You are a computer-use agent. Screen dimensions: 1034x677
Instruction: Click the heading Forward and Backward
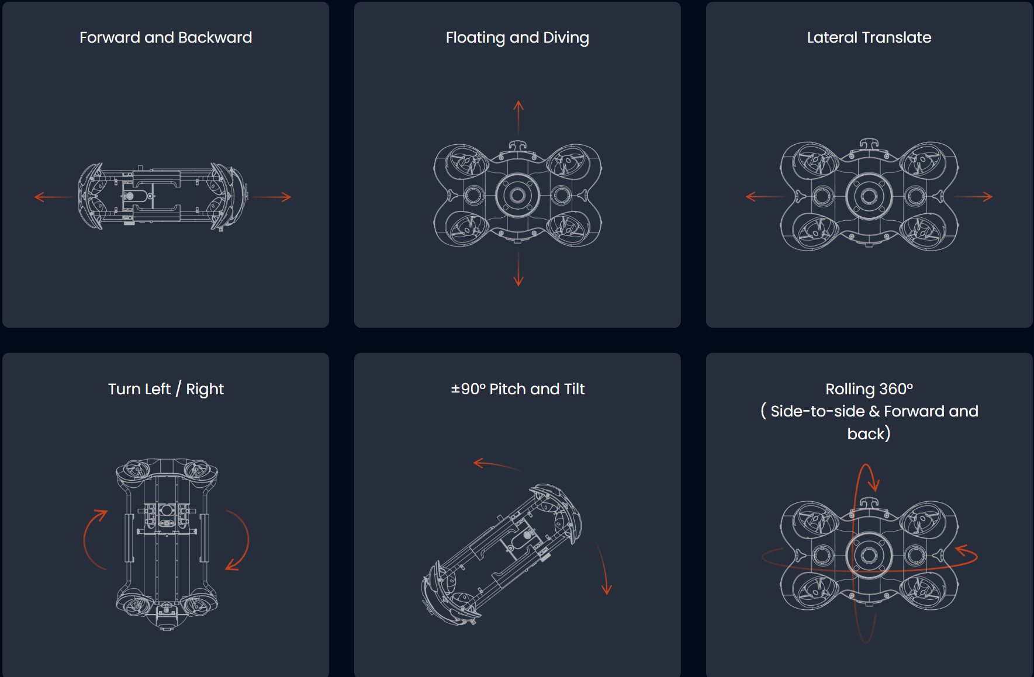pos(165,37)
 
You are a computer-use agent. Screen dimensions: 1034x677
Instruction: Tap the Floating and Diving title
pos(517,38)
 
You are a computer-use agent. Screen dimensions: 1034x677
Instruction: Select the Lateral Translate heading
pos(869,37)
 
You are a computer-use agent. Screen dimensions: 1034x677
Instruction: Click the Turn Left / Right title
pos(166,389)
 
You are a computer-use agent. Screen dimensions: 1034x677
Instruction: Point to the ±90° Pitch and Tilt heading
pos(517,389)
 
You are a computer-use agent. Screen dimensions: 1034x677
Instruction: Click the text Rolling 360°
pos(869,389)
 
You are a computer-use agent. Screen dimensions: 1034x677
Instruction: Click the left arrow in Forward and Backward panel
pos(54,197)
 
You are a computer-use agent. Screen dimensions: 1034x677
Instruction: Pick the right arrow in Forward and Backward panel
pos(272,197)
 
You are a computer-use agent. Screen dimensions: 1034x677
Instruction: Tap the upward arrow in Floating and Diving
pos(518,117)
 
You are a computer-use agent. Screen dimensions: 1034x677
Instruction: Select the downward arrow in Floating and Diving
pos(518,269)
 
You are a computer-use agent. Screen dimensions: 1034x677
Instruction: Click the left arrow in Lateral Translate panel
pos(765,197)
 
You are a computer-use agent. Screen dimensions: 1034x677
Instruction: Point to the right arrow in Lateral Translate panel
pos(973,197)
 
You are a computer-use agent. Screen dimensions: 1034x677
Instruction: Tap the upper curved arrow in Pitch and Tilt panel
pos(497,464)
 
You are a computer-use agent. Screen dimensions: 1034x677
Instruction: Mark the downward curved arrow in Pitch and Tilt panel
pos(604,568)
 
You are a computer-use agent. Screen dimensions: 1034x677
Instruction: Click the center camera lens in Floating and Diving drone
pos(518,196)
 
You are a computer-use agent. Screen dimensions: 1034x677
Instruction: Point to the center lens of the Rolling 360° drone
pos(869,555)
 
